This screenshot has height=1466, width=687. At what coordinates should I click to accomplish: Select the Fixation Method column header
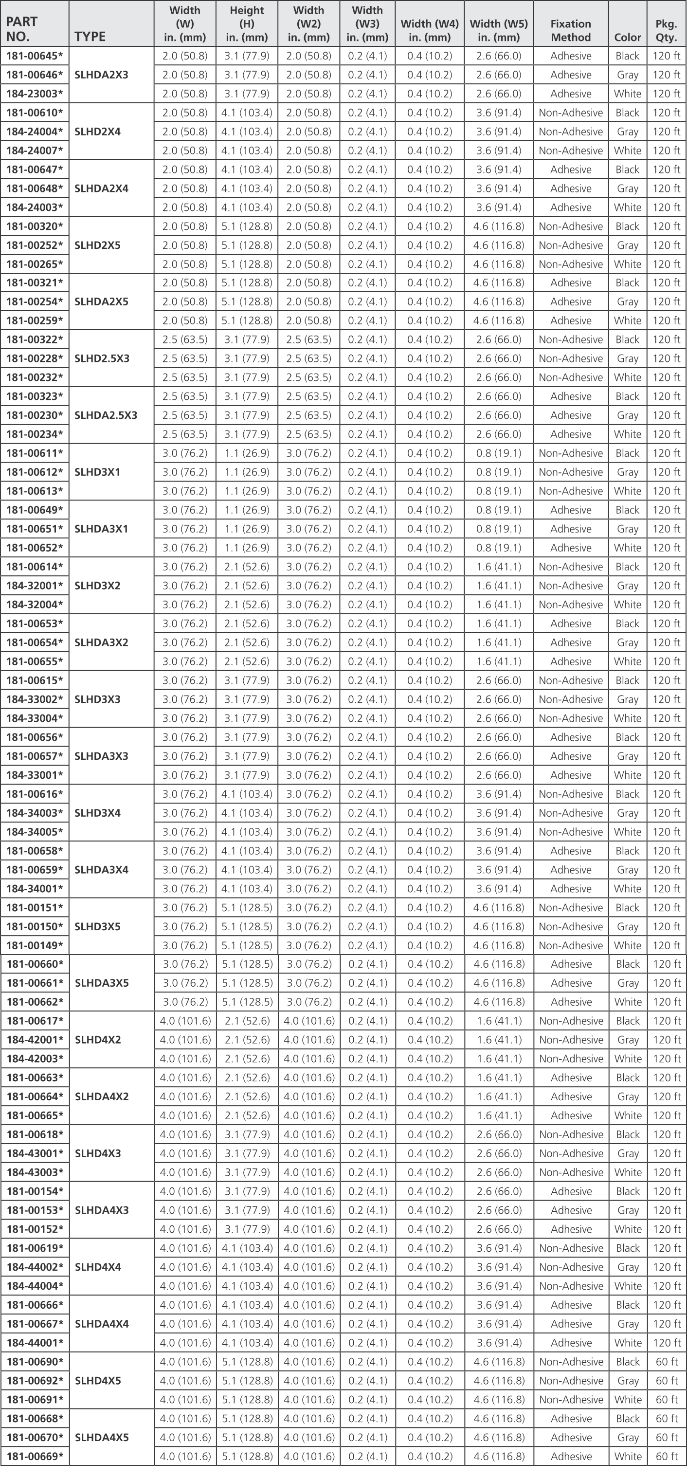coord(570,31)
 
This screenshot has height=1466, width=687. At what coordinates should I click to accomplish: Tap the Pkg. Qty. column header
coord(666,31)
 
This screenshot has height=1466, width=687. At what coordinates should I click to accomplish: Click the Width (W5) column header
coord(498,31)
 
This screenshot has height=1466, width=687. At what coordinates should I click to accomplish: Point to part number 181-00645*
coord(34,56)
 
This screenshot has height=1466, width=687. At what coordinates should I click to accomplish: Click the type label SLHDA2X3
coord(101,75)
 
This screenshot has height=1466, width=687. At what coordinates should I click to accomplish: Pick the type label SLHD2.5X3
coord(102,358)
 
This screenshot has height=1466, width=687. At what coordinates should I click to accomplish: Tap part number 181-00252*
coord(34,245)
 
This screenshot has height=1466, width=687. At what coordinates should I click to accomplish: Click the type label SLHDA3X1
coord(101,529)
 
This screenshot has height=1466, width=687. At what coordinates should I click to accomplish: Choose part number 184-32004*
coord(34,604)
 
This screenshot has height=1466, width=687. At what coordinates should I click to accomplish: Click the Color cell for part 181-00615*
coord(627,680)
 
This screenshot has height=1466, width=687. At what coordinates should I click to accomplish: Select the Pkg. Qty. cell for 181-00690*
coord(666,1362)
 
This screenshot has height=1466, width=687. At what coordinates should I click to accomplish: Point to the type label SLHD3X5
coord(97,926)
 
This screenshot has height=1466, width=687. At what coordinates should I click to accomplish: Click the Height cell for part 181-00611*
coord(247,453)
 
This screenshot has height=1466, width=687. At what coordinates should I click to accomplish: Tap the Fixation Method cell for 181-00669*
coord(570,1456)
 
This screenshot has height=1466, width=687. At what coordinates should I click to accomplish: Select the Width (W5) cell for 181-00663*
coord(498,1078)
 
